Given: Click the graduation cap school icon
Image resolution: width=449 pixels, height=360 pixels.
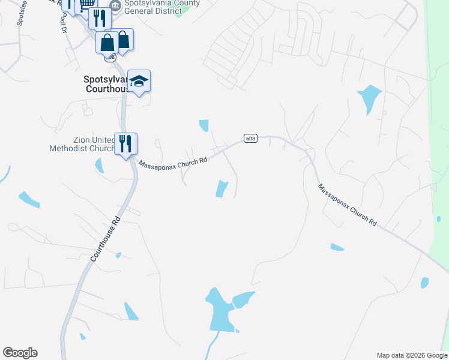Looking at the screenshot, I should pyautogui.click(x=139, y=81).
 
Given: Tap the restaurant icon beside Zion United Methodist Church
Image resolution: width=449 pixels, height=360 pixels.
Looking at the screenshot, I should pyautogui.click(x=126, y=144).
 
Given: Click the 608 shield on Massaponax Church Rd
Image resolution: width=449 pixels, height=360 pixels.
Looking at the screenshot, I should pyautogui.click(x=251, y=139).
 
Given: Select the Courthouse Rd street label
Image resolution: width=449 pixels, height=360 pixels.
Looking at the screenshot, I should pyautogui.click(x=106, y=238).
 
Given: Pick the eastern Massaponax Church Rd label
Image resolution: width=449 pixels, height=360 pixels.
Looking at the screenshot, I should pyautogui.click(x=348, y=205).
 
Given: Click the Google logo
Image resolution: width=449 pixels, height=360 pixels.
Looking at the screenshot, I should pyautogui.click(x=20, y=353).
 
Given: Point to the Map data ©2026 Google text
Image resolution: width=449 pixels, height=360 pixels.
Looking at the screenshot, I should pyautogui.click(x=412, y=355).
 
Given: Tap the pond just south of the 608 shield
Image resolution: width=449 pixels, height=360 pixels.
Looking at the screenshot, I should pyautogui.click(x=222, y=188).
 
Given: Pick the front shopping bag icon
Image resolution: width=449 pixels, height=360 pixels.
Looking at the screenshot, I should pyautogui.click(x=107, y=43).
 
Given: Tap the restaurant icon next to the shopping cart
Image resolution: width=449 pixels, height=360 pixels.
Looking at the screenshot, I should pyautogui.click(x=100, y=18).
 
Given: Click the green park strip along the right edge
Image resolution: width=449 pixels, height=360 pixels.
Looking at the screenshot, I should pyautogui.click(x=438, y=120).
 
